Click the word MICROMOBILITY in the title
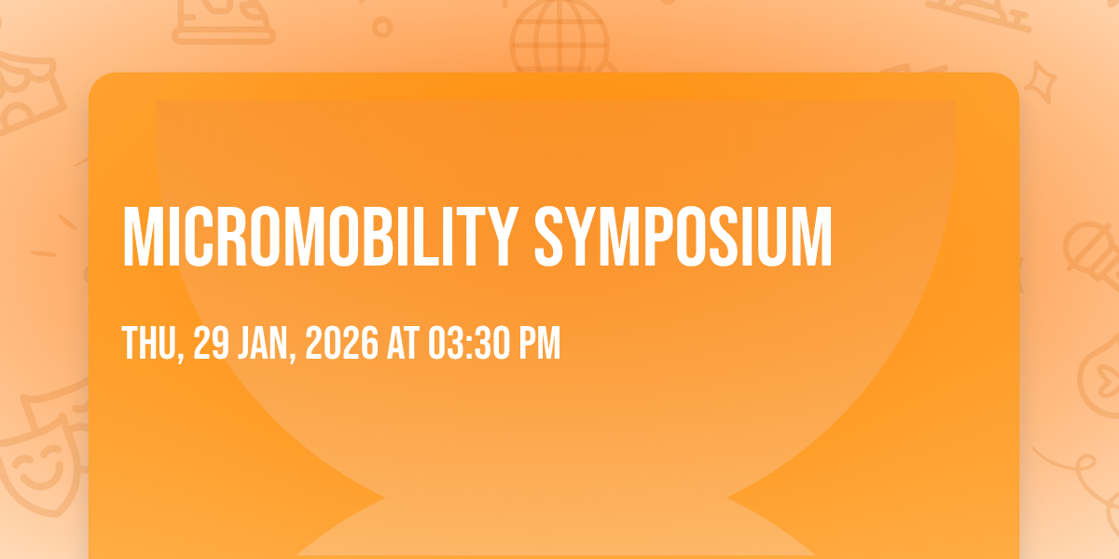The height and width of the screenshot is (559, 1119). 319,237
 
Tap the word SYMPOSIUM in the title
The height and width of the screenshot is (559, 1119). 684,237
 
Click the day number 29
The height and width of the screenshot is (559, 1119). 212,343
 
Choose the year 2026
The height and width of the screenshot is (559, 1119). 341,343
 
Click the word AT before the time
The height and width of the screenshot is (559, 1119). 403,343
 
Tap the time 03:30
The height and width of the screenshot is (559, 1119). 470,343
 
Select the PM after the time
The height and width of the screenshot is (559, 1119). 540,343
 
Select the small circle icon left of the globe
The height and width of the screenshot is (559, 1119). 382,27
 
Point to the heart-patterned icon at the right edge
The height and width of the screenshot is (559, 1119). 1099,376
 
